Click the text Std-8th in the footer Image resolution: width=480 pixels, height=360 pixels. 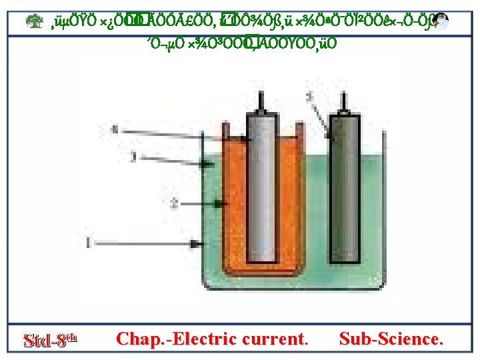[51, 339]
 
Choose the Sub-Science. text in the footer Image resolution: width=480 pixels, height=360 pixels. [391, 339]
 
